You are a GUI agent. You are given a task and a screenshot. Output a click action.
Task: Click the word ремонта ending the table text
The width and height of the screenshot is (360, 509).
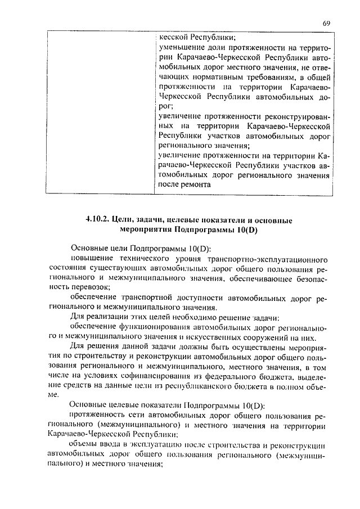coord(195,184)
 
